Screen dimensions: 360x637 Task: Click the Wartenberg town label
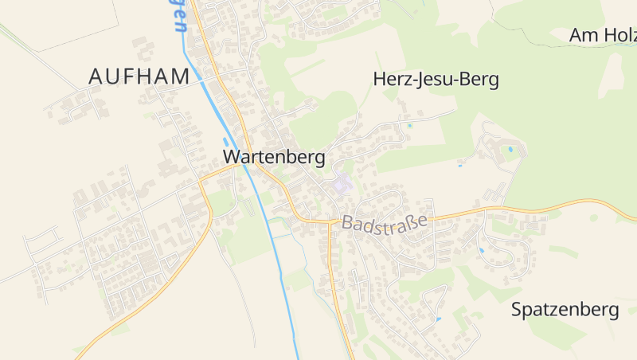(274, 158)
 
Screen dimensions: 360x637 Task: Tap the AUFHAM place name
(139, 77)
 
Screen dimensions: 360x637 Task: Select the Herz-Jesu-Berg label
(435, 80)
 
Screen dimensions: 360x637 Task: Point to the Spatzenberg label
(565, 310)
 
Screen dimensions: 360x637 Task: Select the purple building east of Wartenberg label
(342, 184)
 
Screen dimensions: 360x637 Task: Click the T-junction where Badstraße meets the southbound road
(330, 223)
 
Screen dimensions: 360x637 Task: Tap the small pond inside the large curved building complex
(510, 149)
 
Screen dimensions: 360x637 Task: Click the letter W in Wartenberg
(233, 158)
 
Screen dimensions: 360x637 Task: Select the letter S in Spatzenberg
(517, 310)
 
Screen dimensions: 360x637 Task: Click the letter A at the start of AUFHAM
(96, 77)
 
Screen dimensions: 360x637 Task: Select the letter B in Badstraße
(347, 226)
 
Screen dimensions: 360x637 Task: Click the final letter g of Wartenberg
(319, 159)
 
